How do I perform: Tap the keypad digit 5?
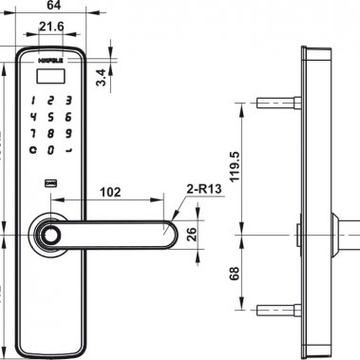pyautogui.click(x=51, y=116)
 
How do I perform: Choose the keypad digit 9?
pyautogui.click(x=68, y=132)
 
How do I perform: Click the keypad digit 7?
pyautogui.click(x=34, y=132)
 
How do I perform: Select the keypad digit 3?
pyautogui.click(x=68, y=100)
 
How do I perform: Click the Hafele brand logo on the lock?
pyautogui.click(x=50, y=61)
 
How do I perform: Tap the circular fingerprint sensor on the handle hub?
pyautogui.click(x=47, y=235)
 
